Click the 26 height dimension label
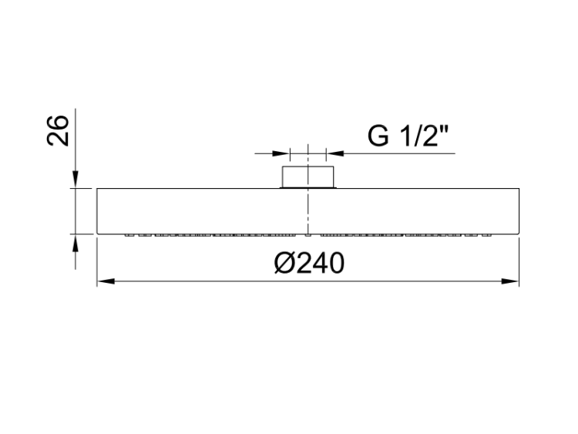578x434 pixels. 58,131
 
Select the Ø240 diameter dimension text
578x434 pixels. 309,264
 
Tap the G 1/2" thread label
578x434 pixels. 408,136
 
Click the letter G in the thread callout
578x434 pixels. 378,136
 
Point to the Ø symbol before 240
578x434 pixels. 284,264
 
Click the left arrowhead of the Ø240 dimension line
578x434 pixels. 106,281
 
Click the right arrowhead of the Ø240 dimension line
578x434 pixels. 510,281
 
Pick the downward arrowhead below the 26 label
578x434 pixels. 76,180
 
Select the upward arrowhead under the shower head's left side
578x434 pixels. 76,243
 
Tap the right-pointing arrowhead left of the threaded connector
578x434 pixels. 281,153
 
